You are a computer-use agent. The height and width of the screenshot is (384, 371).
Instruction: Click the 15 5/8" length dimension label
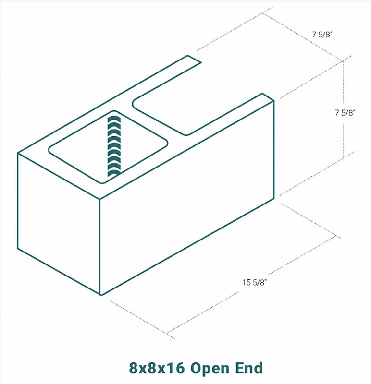tap(254, 282)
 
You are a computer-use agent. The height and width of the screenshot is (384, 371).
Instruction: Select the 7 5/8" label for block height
tap(345, 113)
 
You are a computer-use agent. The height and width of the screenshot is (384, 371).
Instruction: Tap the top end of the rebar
tap(113, 115)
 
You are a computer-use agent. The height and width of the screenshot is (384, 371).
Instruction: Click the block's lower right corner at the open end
tap(274, 198)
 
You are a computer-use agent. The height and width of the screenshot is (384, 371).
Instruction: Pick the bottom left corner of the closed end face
tap(18, 249)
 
